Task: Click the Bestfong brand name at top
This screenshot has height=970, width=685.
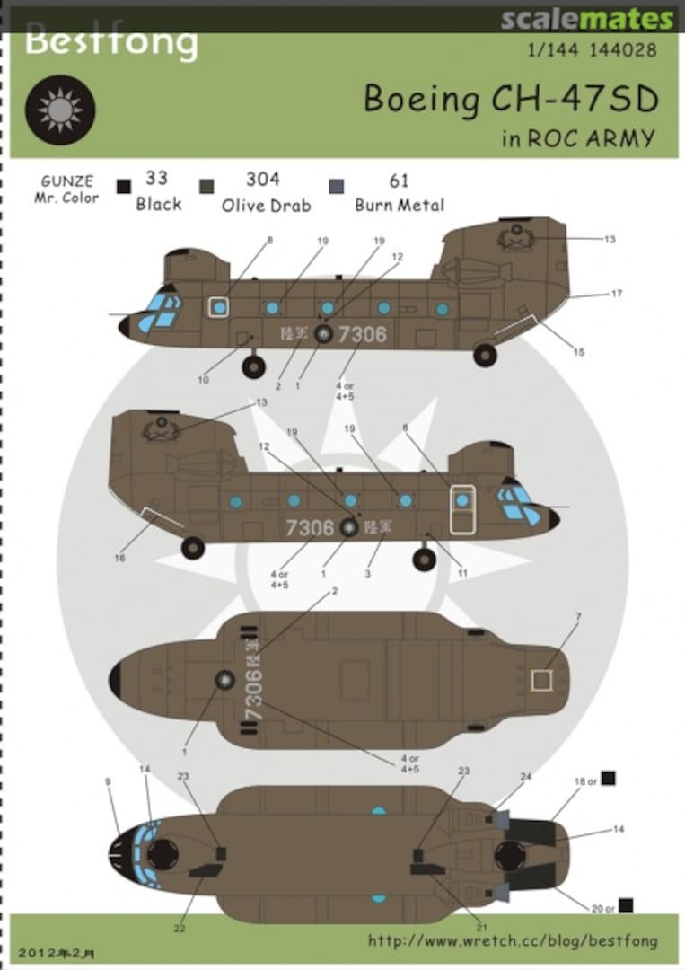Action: [110, 42]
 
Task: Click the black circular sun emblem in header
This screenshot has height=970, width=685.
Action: [60, 110]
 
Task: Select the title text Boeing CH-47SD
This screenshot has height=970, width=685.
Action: [511, 100]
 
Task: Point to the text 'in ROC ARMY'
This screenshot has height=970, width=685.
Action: [578, 139]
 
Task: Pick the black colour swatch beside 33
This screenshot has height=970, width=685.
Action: [124, 186]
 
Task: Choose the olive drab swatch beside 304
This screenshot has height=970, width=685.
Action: [206, 186]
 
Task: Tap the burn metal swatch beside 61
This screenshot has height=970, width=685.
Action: [337, 186]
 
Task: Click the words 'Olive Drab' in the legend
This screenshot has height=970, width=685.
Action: [266, 206]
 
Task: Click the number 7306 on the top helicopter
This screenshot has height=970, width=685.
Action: [363, 334]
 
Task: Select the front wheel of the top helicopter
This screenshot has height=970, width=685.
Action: [253, 366]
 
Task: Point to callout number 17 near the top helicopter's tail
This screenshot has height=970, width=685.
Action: [616, 294]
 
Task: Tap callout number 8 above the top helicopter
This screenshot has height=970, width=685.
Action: [268, 240]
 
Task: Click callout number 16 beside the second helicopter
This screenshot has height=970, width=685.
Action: [119, 558]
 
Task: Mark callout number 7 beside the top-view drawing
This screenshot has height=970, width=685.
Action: [579, 616]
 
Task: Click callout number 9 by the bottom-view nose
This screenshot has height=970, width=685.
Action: [108, 781]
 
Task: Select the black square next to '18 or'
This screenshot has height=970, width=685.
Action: [608, 778]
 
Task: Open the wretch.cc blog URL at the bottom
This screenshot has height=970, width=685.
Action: [512, 941]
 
